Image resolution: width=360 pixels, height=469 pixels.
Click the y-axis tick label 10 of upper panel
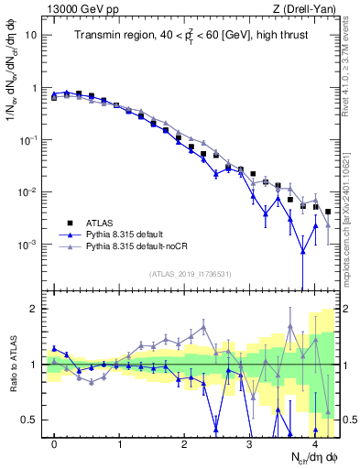click(x=32, y=36)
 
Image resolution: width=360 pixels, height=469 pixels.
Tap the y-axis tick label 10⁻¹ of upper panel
click(x=29, y=140)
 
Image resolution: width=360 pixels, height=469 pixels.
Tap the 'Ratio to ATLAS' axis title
click(x=12, y=365)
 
